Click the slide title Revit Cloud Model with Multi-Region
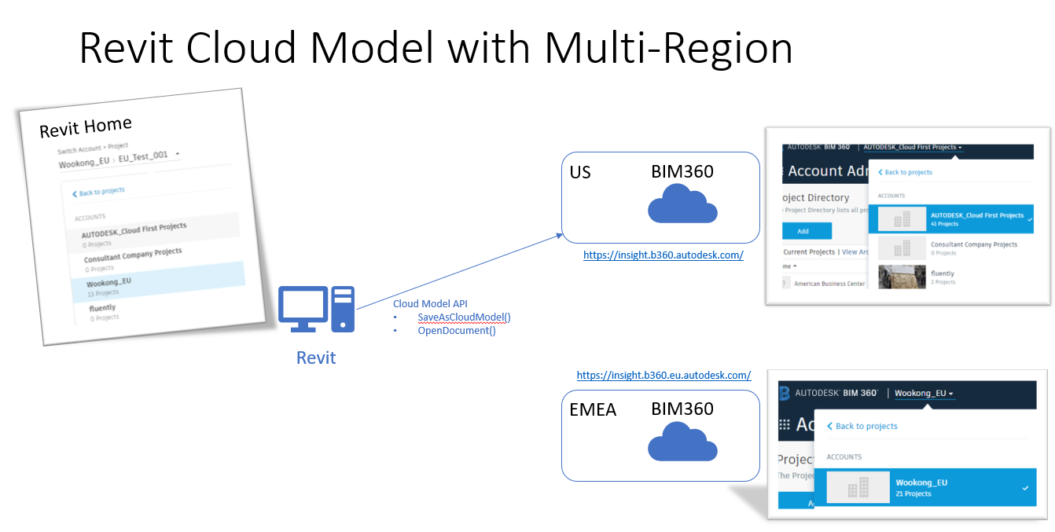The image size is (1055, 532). (436, 49)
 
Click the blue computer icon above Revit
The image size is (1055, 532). (316, 309)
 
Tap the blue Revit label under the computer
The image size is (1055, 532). (316, 358)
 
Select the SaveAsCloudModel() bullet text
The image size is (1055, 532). (464, 317)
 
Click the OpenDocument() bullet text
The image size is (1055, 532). (456, 331)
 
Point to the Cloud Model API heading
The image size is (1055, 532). (431, 304)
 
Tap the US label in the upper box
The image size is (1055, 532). (580, 172)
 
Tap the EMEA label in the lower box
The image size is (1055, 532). (594, 409)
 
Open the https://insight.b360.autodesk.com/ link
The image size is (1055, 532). (663, 255)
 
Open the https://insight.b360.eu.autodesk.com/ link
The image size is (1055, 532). (664, 376)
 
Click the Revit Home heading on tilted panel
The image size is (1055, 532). (85, 127)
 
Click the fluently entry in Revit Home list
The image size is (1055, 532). (102, 308)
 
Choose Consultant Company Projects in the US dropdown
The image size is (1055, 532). (973, 245)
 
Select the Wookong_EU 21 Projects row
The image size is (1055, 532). (925, 487)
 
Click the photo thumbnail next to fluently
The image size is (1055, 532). (901, 277)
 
